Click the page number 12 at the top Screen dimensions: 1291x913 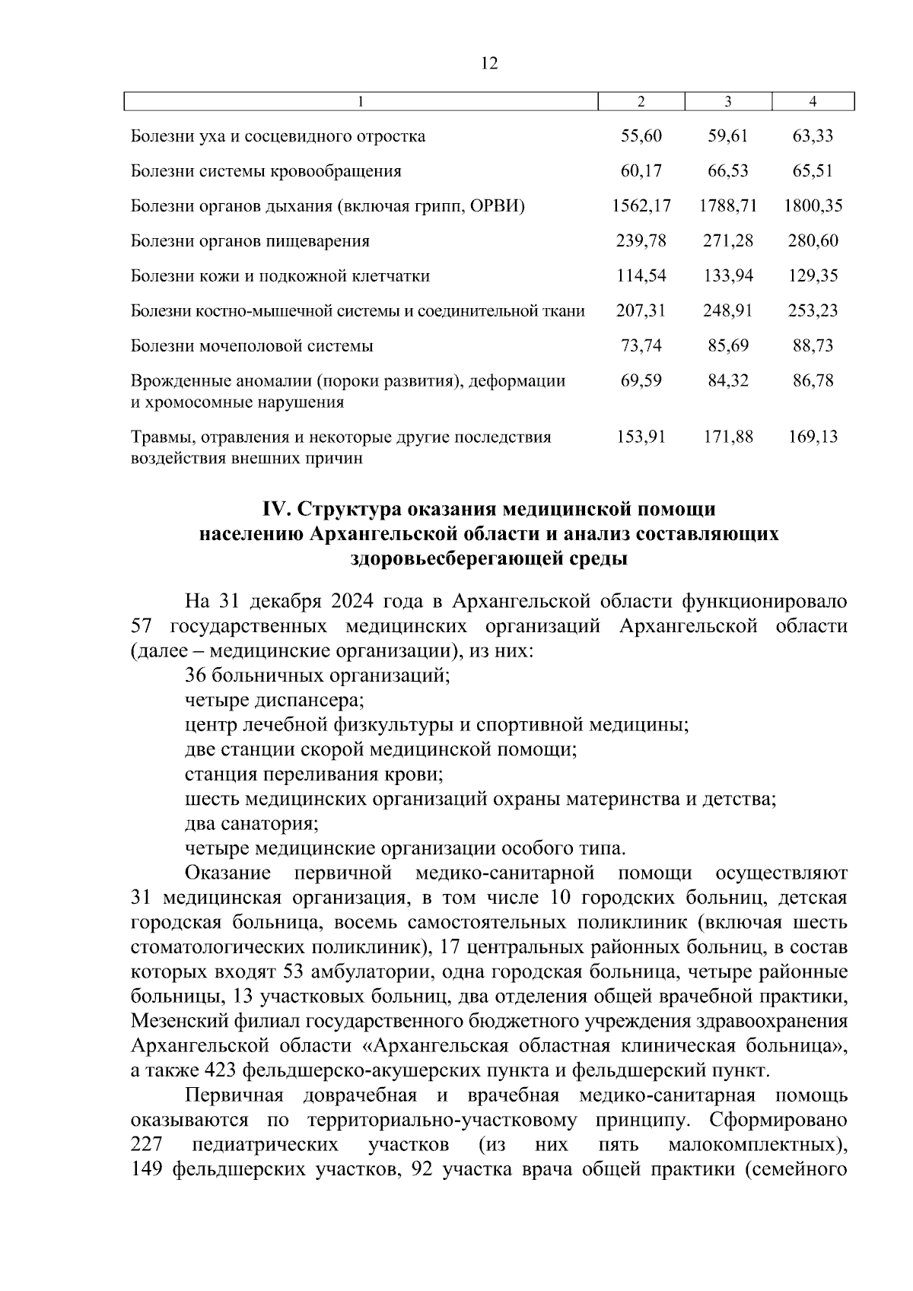[489, 65]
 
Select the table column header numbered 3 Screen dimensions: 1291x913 [728, 102]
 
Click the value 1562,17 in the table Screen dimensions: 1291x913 [641, 206]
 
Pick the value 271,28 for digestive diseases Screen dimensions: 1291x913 [728, 241]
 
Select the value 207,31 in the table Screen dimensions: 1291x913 [641, 311]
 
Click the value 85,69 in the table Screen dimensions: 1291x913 [728, 346]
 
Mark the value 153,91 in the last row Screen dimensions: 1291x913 [641, 437]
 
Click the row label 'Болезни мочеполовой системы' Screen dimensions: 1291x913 [252, 347]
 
